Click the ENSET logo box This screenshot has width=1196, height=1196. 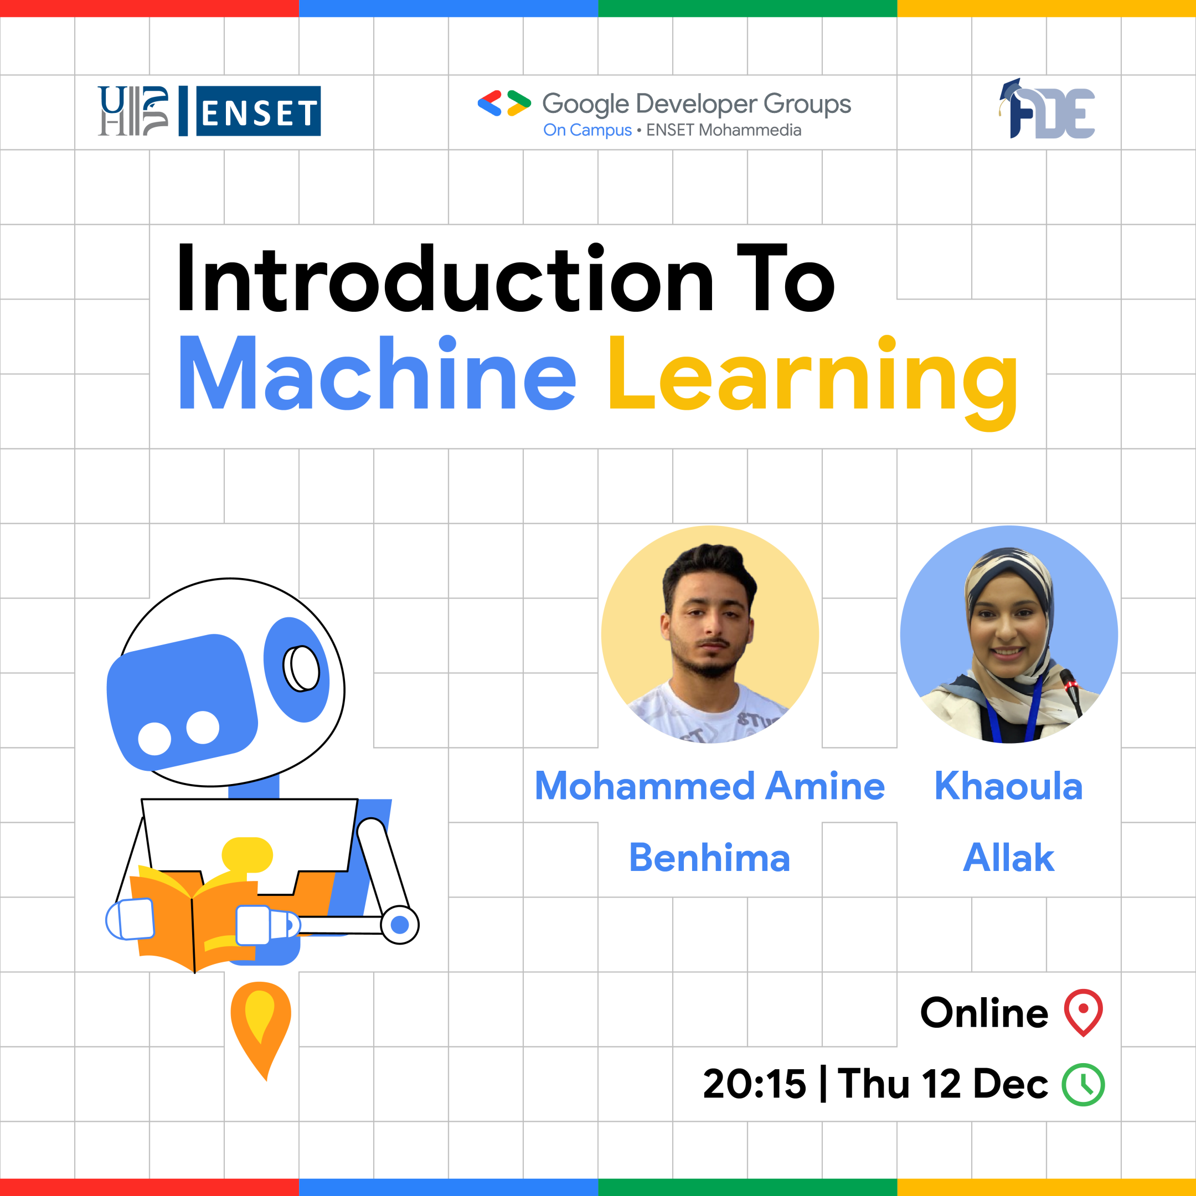click(258, 111)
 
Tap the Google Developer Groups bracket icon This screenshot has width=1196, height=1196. click(504, 104)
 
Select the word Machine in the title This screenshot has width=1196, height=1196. click(377, 374)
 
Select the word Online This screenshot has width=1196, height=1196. click(984, 1013)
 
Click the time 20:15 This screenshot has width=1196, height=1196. click(755, 1085)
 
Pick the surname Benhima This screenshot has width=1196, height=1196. click(709, 858)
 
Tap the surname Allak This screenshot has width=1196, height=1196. click(1008, 858)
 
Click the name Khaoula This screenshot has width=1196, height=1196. click(1008, 786)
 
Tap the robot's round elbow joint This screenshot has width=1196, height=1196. click(400, 925)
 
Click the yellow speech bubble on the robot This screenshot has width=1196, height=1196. click(247, 855)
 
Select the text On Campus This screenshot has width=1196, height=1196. click(587, 131)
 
